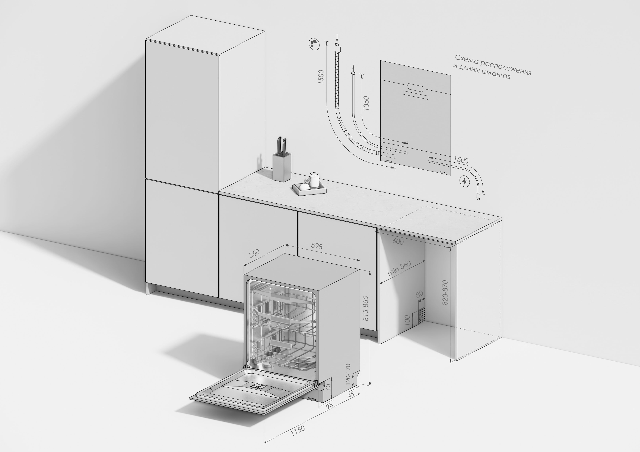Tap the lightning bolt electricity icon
pos(464,181)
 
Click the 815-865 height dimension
pos(366,308)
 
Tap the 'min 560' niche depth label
pos(399,268)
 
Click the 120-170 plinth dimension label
pos(348,374)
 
